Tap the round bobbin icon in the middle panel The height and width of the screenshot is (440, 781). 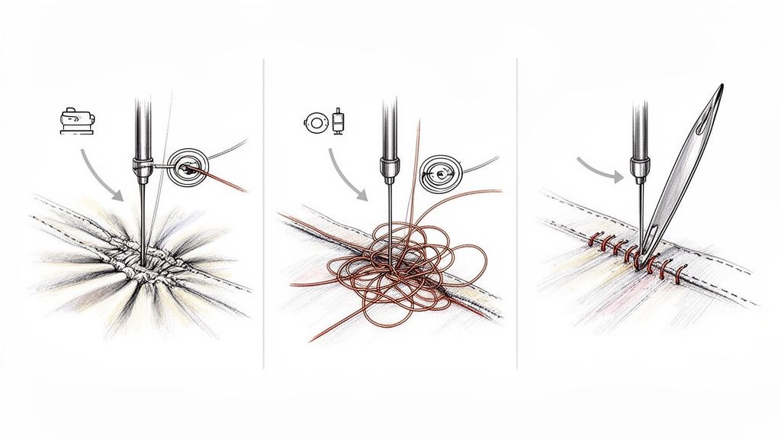[313, 122]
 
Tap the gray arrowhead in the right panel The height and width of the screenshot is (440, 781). [620, 177]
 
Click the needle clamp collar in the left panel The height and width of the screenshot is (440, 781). [140, 163]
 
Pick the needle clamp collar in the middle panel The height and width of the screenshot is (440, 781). [389, 166]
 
